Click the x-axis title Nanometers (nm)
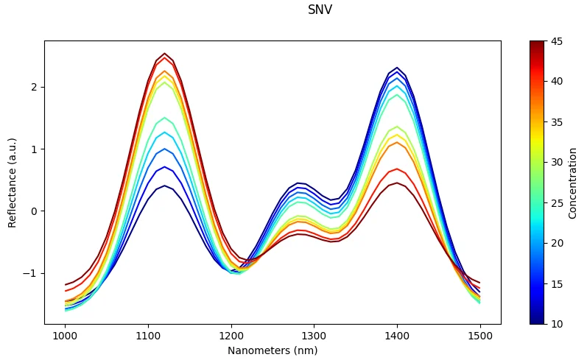click(x=273, y=350)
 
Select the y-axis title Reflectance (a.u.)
click(x=12, y=182)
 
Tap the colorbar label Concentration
click(x=573, y=183)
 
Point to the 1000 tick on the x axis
click(x=65, y=335)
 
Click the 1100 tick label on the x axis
click(x=148, y=335)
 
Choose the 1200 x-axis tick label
click(x=231, y=335)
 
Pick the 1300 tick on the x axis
click(x=314, y=335)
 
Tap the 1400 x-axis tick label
click(x=397, y=335)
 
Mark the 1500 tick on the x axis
click(x=480, y=335)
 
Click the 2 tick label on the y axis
click(x=33, y=87)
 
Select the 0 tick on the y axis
click(x=33, y=211)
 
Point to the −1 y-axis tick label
click(x=30, y=273)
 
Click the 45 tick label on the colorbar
click(x=558, y=40)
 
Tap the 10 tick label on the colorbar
click(x=558, y=324)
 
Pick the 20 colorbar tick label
click(x=558, y=243)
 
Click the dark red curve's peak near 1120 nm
click(x=164, y=54)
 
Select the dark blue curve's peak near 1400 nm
click(x=397, y=68)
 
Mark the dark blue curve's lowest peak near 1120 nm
click(x=164, y=186)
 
